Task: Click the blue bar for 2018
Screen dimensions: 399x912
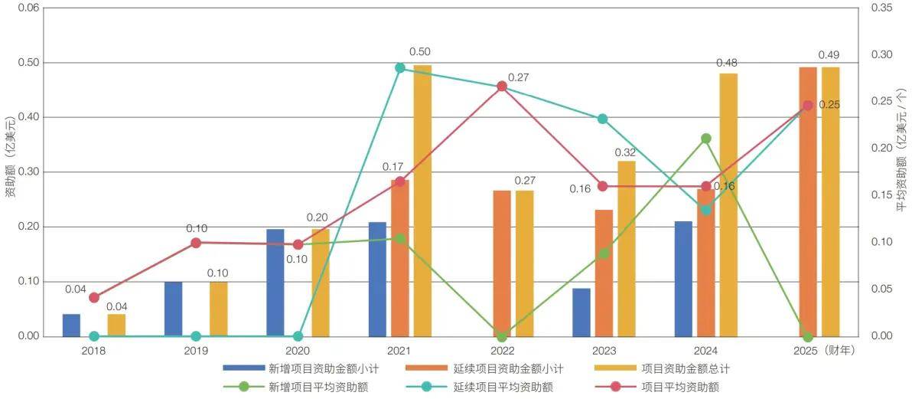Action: (x=71, y=325)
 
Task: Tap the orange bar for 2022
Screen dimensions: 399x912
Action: (x=502, y=263)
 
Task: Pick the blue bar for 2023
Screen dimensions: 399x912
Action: (x=581, y=312)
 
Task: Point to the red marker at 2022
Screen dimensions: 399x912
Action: (x=502, y=87)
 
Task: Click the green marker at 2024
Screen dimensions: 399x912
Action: (x=705, y=139)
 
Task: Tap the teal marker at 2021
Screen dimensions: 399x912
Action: (x=399, y=67)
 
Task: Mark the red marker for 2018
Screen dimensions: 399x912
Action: (x=94, y=297)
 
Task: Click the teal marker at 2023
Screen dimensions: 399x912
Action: (x=603, y=119)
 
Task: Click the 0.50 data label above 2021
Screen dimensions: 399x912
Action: (x=419, y=52)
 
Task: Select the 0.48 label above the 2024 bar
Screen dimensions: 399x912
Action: (x=727, y=62)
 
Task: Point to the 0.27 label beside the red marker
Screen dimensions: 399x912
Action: (x=519, y=77)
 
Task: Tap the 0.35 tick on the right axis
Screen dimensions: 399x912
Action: (x=882, y=8)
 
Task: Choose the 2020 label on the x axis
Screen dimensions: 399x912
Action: (x=298, y=350)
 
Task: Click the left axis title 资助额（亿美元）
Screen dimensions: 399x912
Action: (x=10, y=157)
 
